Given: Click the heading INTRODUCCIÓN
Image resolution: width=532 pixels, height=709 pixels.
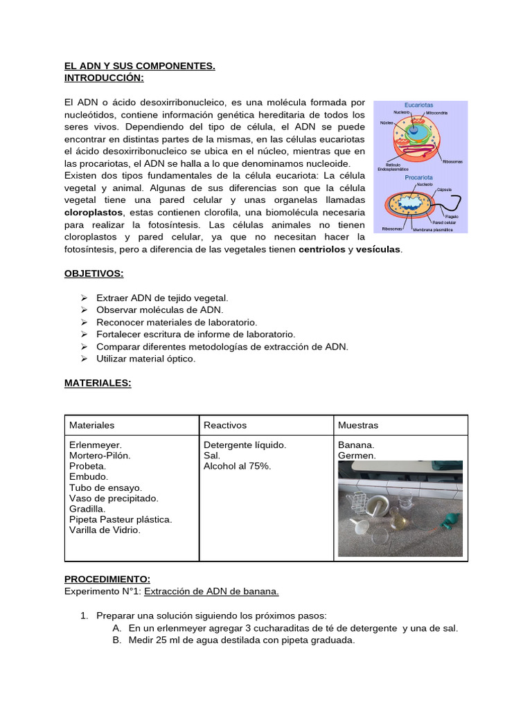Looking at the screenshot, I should point(104,78).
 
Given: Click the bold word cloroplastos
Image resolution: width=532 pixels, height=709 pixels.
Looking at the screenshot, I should point(94,212).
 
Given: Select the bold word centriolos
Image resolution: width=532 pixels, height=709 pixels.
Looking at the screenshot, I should point(321,249).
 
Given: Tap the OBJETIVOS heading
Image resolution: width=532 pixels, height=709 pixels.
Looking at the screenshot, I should point(94,273).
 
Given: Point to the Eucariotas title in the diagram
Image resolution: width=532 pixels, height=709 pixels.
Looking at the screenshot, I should point(421,105).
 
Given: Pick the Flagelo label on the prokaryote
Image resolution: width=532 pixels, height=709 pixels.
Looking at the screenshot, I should point(454,215).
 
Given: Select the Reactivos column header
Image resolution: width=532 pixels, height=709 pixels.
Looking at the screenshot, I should point(225,424).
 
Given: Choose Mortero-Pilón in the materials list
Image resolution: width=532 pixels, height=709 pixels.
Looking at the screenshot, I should point(100,456).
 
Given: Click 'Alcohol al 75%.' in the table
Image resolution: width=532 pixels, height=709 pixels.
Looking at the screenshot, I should point(237,466).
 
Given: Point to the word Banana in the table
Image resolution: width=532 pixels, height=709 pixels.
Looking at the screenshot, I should point(356,445).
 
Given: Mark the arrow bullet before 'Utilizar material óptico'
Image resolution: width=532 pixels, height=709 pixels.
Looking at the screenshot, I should point(83,359).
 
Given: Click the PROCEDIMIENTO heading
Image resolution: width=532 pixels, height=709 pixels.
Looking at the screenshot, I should point(107,579).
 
